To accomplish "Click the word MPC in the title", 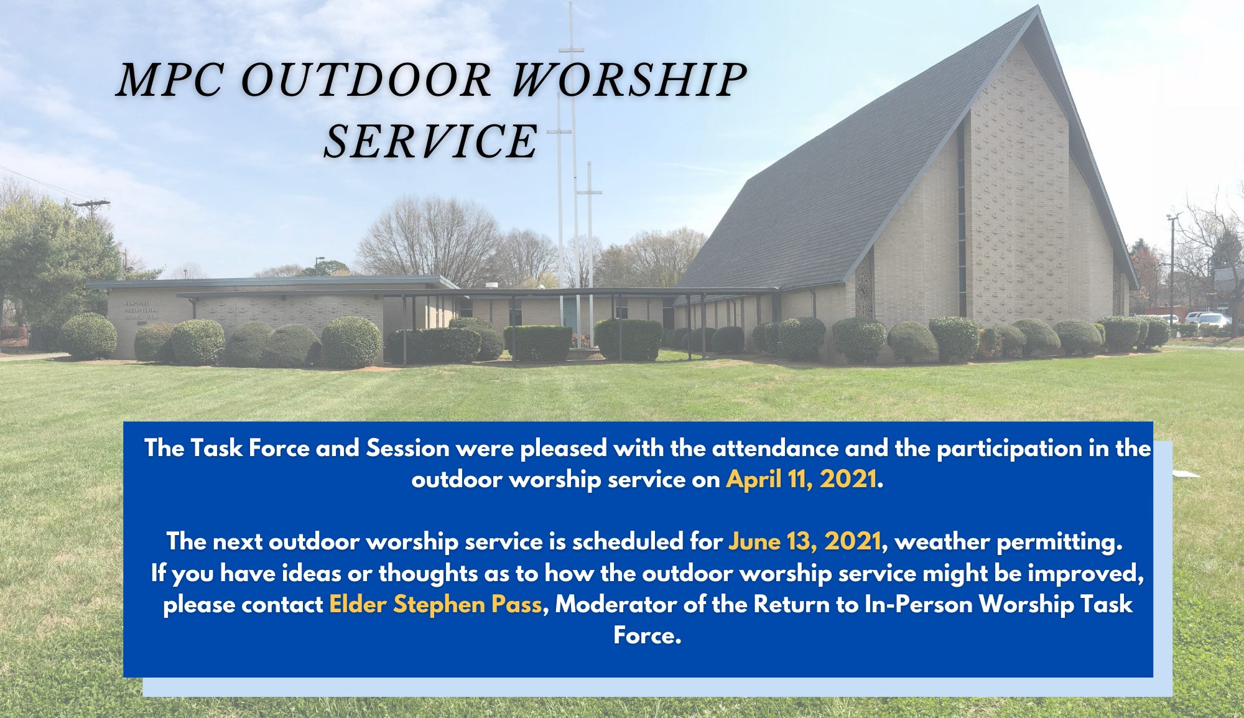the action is point(169,80).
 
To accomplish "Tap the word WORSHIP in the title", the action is point(629,80).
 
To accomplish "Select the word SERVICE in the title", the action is point(430,141).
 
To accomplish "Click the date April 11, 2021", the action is point(801,479).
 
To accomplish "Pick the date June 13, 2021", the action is point(804,541).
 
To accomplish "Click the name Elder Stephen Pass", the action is point(435,604).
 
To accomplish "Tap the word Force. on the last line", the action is point(647,635).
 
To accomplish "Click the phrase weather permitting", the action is point(1008,542).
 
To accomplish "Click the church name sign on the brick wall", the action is point(141,310).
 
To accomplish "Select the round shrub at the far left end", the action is point(89,335).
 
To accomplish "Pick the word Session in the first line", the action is point(407,448).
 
